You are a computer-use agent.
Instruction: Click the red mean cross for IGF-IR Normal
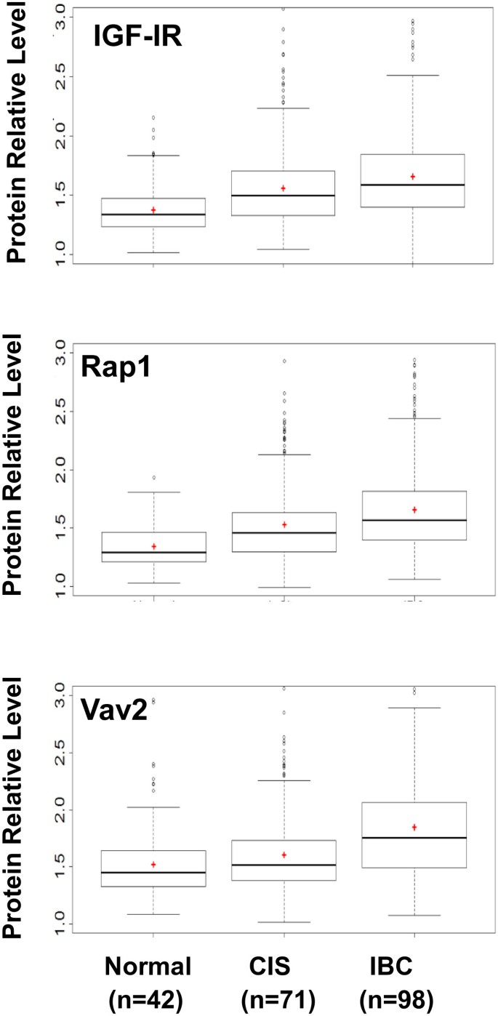coord(153,210)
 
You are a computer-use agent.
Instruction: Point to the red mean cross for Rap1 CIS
coord(284,524)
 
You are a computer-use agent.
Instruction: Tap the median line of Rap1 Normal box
coord(153,553)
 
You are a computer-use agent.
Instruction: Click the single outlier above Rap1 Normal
coord(153,478)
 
